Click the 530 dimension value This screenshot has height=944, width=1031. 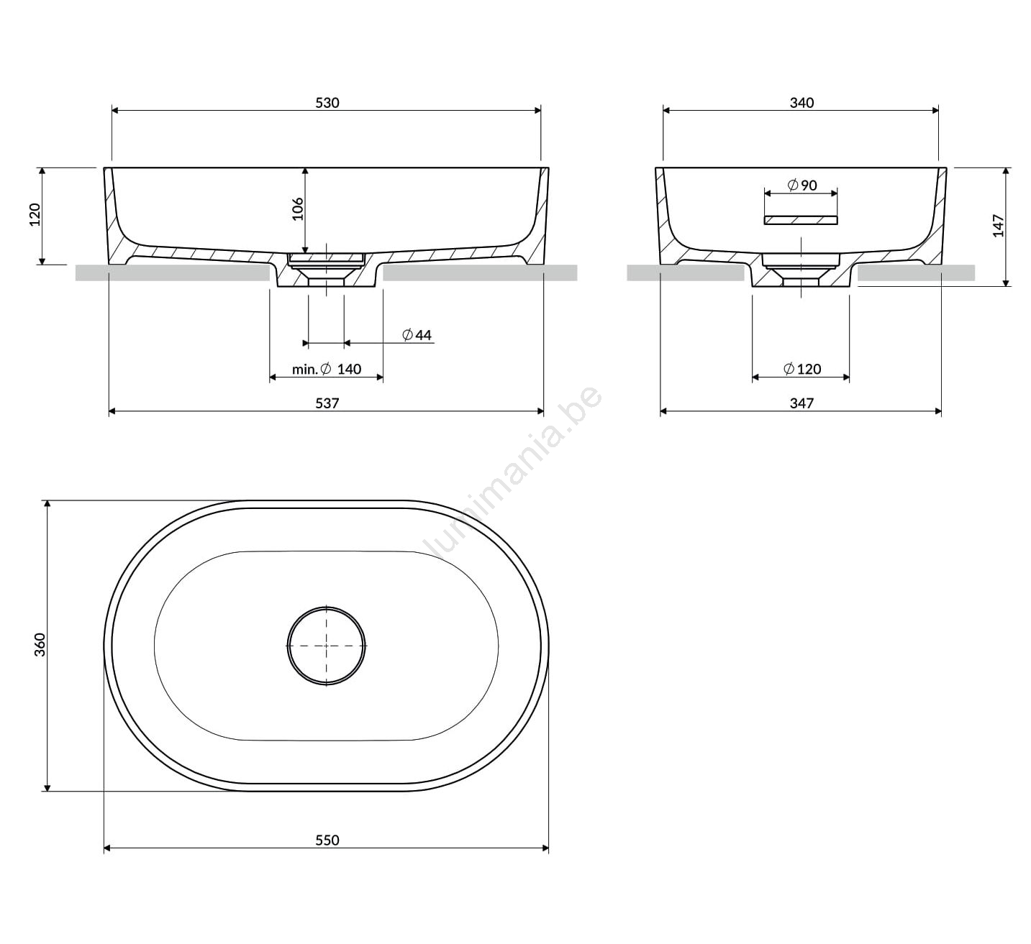click(x=327, y=103)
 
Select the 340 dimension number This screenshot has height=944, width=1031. click(x=801, y=103)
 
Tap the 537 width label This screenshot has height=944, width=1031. click(x=327, y=403)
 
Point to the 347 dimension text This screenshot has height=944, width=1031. click(x=801, y=403)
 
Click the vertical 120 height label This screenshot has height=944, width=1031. click(x=35, y=215)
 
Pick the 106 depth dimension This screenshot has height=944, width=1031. click(x=298, y=209)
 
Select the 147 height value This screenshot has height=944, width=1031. click(x=998, y=226)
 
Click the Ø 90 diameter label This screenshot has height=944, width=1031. click(x=801, y=185)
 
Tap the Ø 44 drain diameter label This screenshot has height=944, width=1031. click(x=417, y=335)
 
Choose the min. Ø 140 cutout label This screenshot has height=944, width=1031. click(x=327, y=369)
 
